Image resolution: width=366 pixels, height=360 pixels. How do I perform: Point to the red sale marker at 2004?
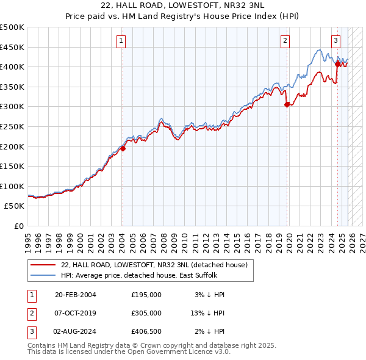tap(123, 148)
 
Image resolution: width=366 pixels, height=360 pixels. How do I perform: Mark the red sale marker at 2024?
tap(337, 63)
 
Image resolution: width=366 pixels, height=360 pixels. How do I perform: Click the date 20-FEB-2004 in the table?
tap(75, 295)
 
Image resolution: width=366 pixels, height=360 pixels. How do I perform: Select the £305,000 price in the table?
tap(146, 313)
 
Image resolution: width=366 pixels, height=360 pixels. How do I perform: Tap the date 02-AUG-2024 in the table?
tap(75, 331)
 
